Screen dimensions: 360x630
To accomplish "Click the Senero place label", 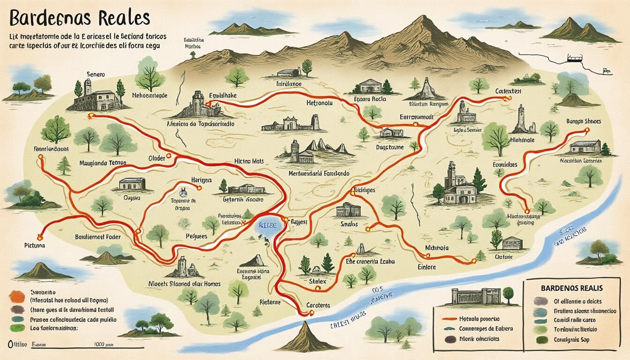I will point(96,75).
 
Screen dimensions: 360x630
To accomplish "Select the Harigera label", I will point(202,180).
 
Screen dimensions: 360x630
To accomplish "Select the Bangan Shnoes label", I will point(584,121).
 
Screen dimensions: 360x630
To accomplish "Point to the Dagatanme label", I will point(390,147).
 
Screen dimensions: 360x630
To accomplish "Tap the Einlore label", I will point(427,267).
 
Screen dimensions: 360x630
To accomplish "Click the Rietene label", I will point(270,302).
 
